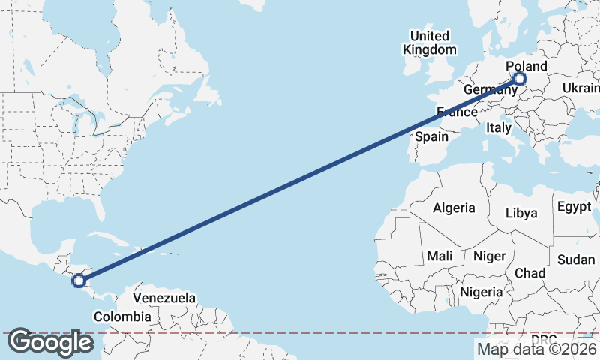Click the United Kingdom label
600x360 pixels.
click(x=429, y=43)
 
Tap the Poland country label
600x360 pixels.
click(x=526, y=67)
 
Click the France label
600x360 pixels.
click(x=457, y=112)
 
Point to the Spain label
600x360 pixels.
click(x=431, y=136)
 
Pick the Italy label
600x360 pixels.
click(x=499, y=128)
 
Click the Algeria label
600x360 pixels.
click(x=454, y=208)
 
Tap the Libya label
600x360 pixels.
click(x=521, y=213)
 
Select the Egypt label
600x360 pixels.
click(x=574, y=206)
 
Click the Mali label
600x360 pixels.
click(x=439, y=256)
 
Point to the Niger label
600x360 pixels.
click(x=489, y=256)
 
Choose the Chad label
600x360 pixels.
click(x=529, y=272)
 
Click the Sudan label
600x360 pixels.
click(x=576, y=259)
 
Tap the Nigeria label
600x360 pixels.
click(x=480, y=291)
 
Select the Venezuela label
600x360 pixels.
click(x=164, y=298)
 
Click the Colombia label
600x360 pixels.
click(x=121, y=316)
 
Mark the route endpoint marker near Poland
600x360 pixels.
click(x=519, y=79)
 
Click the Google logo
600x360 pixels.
click(x=50, y=342)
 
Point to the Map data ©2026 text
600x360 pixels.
click(x=536, y=348)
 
